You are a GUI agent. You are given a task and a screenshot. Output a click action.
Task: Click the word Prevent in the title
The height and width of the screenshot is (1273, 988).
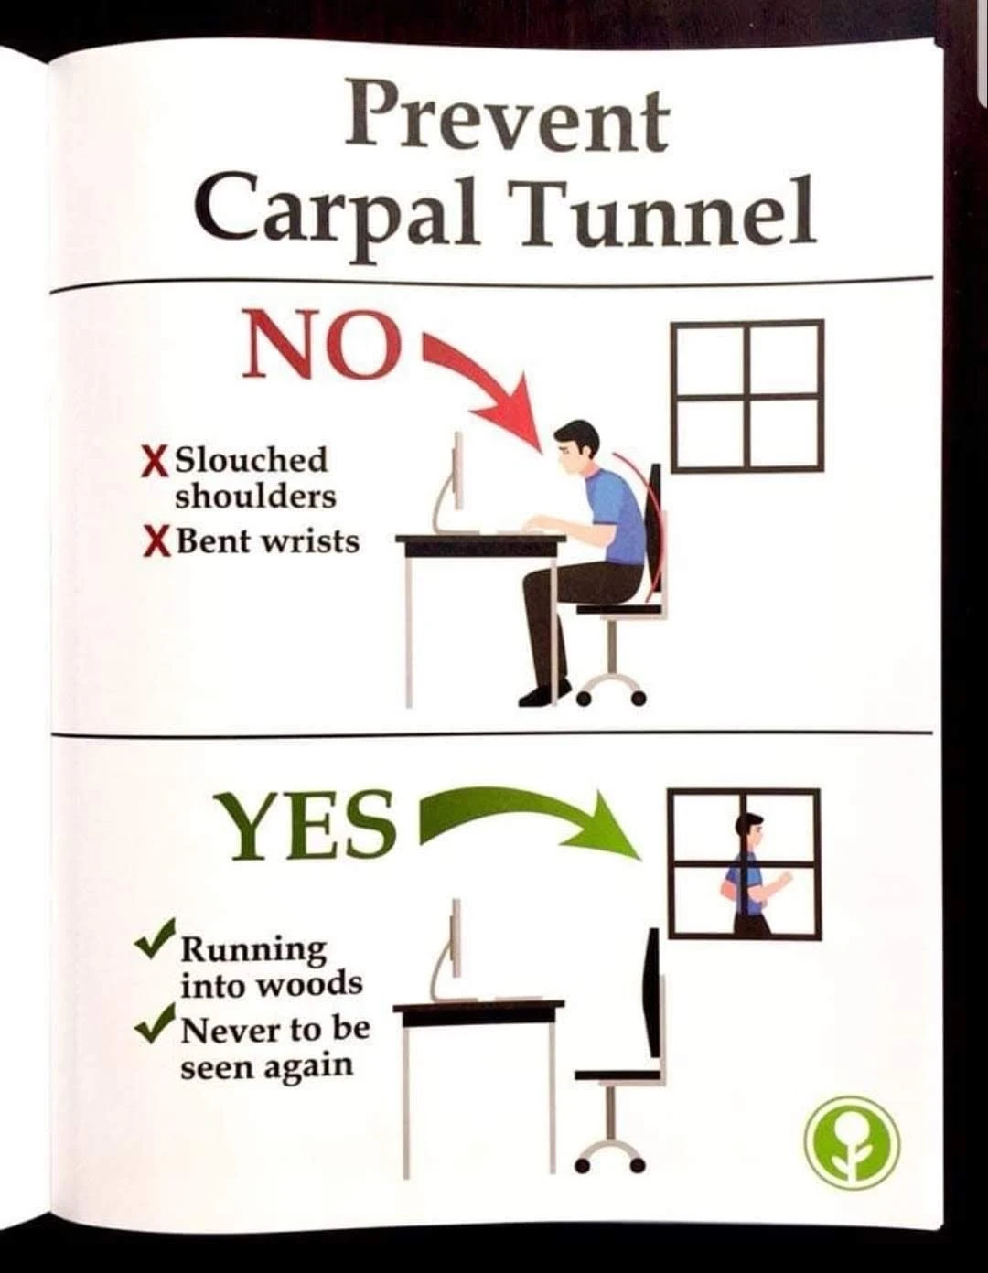pyautogui.click(x=507, y=122)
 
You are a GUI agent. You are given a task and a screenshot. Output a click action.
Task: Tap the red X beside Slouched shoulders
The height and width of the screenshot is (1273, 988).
pyautogui.click(x=154, y=462)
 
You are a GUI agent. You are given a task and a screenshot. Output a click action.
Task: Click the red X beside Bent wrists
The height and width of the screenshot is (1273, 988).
pyautogui.click(x=154, y=542)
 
